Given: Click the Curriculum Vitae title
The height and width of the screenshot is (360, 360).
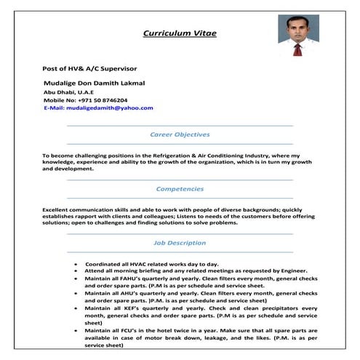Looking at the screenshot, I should tap(179, 33).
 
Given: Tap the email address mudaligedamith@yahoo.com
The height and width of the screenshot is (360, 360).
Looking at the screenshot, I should tap(109, 108).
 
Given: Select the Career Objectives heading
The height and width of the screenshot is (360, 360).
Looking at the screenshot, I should tap(180, 135).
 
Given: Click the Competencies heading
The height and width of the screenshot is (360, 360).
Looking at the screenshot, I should tap(180, 188).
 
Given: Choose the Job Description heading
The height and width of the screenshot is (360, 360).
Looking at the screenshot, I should tap(180, 242).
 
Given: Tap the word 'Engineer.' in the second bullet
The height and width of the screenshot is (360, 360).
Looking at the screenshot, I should tap(294, 270).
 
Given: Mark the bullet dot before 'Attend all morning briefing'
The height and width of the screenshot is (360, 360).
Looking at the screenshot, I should tap(76, 270).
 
